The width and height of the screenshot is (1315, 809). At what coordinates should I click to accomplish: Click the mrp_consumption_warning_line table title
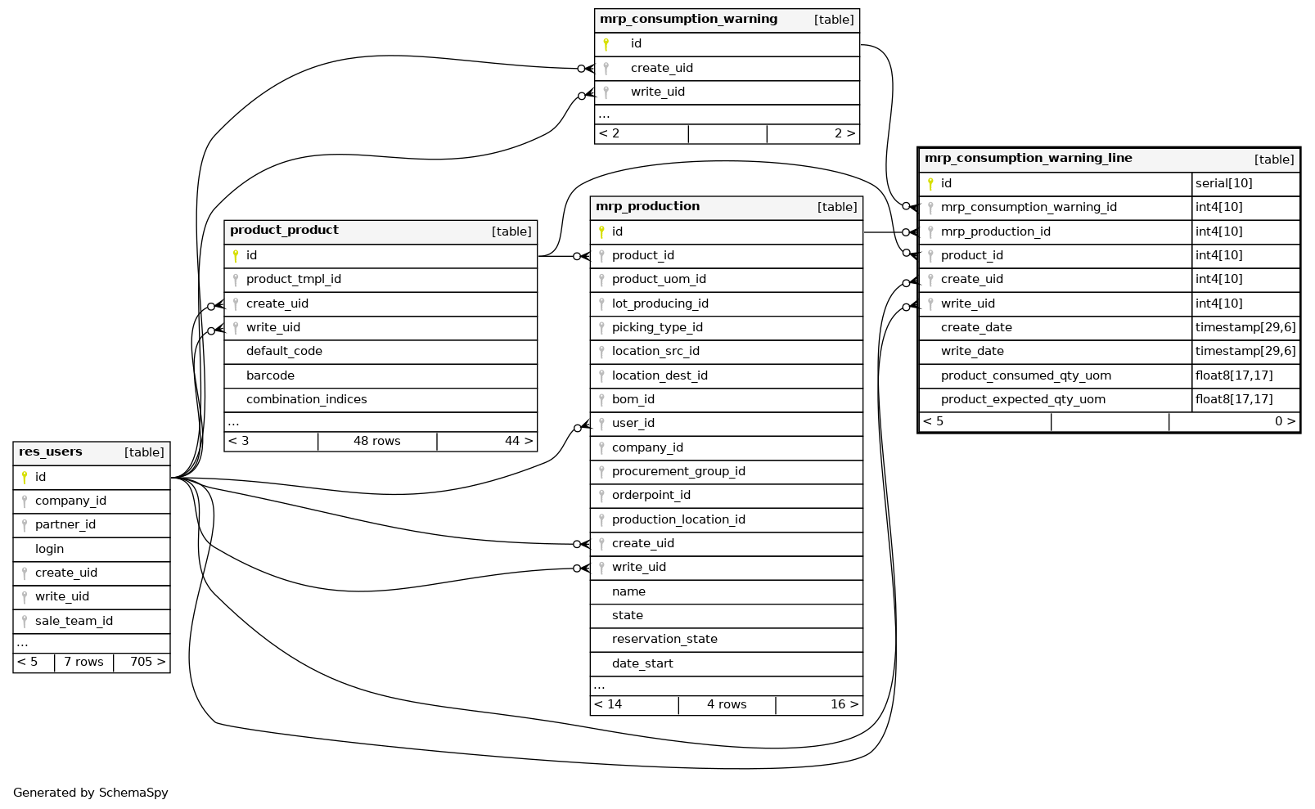[1028, 159]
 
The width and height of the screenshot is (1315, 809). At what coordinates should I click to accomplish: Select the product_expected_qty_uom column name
[1023, 400]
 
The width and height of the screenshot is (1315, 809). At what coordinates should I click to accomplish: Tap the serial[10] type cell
[1223, 184]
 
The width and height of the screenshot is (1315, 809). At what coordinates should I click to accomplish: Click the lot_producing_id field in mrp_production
[660, 304]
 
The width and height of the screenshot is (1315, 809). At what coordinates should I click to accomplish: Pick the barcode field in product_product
[270, 376]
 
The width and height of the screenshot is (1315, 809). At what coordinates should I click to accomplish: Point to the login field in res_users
[49, 550]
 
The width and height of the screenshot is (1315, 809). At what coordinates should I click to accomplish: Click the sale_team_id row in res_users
[74, 622]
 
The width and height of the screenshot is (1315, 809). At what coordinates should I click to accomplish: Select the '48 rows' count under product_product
[376, 442]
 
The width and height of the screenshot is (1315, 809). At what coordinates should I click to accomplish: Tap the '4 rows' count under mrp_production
[727, 705]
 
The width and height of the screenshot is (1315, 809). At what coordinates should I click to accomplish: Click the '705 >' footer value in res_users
[147, 663]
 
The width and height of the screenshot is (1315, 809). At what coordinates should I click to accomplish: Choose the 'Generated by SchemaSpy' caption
[90, 793]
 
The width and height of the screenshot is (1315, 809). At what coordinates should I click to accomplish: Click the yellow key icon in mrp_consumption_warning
[606, 45]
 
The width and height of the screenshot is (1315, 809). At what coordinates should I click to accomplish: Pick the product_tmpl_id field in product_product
[293, 280]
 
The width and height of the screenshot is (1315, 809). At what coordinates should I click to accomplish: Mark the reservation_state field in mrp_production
[664, 640]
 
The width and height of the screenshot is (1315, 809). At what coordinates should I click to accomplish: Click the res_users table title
[51, 452]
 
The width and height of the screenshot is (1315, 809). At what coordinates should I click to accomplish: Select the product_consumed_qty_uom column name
[1025, 376]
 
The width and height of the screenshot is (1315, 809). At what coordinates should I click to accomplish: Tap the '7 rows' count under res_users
[83, 663]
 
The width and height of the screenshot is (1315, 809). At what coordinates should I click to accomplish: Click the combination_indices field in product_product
[306, 400]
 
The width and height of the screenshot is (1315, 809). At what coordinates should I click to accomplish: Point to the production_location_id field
[678, 520]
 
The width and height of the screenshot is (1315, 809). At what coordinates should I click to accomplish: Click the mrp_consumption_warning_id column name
[1029, 208]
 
